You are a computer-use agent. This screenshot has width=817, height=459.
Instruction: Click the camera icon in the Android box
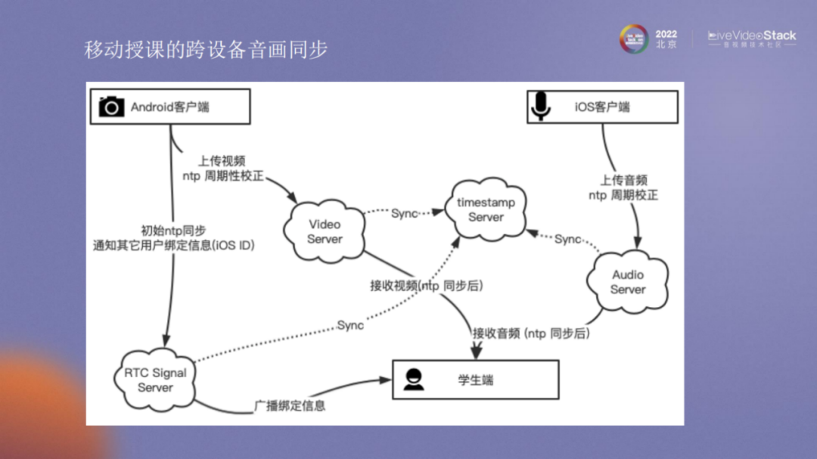(x=111, y=107)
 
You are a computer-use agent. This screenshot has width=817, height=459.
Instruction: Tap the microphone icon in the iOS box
(x=540, y=107)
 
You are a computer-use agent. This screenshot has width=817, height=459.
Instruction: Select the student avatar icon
(x=413, y=379)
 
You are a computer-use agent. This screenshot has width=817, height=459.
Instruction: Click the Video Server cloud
(x=325, y=231)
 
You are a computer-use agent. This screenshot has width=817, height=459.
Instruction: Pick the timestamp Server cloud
(x=486, y=209)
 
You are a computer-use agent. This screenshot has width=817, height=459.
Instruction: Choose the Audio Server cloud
(x=628, y=281)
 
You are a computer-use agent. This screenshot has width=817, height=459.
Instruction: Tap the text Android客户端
(x=170, y=107)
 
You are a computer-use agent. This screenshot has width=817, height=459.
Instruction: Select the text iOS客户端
(x=602, y=107)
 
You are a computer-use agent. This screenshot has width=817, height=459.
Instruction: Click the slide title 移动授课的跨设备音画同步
(x=206, y=50)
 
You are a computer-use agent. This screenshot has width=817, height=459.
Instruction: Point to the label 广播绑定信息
(x=290, y=405)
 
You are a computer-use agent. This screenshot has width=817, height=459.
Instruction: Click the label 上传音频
(x=623, y=181)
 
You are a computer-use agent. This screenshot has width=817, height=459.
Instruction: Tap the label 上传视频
(x=222, y=161)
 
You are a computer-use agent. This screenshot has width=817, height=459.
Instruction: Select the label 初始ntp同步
(x=173, y=230)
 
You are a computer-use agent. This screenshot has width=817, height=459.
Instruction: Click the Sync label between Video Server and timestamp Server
(x=405, y=213)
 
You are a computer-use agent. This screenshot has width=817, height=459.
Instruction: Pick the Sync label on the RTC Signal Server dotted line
(x=350, y=325)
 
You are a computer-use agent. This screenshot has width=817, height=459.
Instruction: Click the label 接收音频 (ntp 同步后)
(x=531, y=333)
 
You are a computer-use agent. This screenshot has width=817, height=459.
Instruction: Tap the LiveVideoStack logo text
(x=752, y=36)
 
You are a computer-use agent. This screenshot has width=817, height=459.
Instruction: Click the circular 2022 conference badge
(x=634, y=38)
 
